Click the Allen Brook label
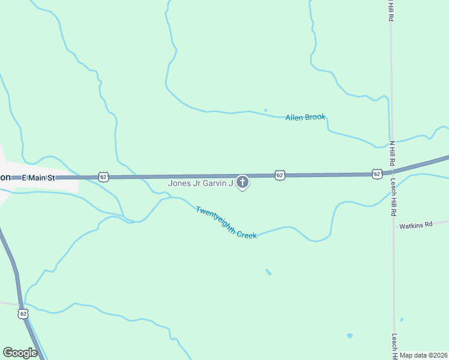pyautogui.click(x=305, y=117)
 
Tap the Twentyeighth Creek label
pyautogui.click(x=226, y=223)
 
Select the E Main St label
pyautogui.click(x=38, y=178)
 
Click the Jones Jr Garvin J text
pyautogui.click(x=200, y=184)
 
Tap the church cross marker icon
pyautogui.click(x=243, y=182)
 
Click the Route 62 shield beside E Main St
pyautogui.click(x=103, y=177)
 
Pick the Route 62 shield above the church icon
pyautogui.click(x=280, y=175)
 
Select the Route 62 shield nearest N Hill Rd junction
pyautogui.click(x=376, y=173)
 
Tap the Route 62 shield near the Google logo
pyautogui.click(x=23, y=313)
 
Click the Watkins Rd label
pyautogui.click(x=417, y=225)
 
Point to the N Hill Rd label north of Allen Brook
pyautogui.click(x=391, y=11)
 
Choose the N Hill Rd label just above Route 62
pyautogui.click(x=392, y=154)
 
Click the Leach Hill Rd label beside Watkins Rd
pyautogui.click(x=394, y=198)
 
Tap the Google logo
pyautogui.click(x=20, y=353)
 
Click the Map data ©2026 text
pyautogui.click(x=424, y=355)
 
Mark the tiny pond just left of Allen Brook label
pyautogui.click(x=265, y=110)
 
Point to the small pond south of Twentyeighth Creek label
pyautogui.click(x=268, y=272)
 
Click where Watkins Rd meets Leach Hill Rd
pyautogui.click(x=394, y=227)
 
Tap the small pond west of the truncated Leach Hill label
pyautogui.click(x=349, y=335)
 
